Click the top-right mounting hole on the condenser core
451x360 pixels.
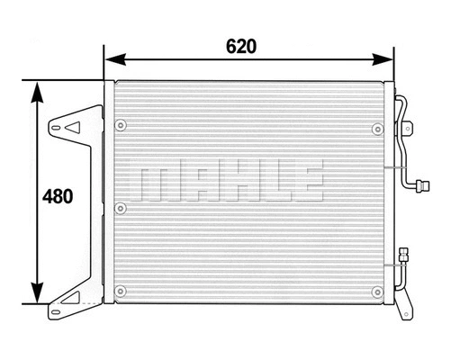(x=374, y=124)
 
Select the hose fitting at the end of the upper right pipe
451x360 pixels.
(x=417, y=187)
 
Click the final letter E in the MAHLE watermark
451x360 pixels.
(x=305, y=181)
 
